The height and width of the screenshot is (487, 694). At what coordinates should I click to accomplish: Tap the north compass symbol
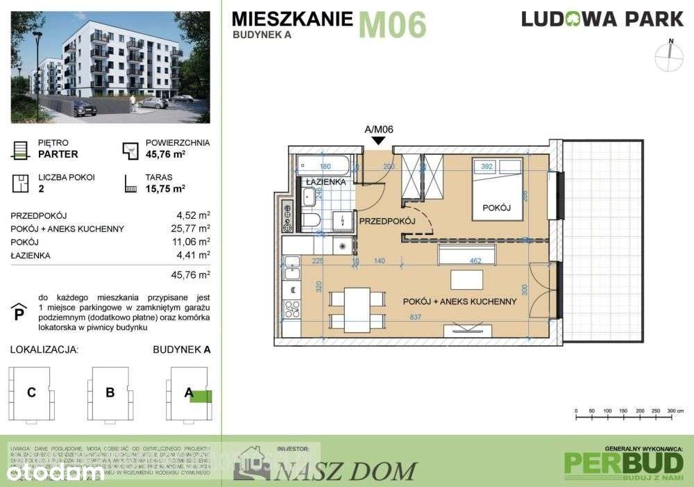pos(670,56)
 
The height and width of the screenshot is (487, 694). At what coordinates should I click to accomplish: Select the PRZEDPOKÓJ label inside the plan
pos(386,221)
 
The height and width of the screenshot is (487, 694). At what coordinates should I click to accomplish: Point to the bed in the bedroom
pos(497,188)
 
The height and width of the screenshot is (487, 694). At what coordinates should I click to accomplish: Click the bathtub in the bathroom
pos(325,166)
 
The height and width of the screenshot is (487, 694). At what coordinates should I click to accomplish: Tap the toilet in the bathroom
pos(311,221)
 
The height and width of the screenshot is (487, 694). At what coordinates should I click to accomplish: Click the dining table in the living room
pos(357,307)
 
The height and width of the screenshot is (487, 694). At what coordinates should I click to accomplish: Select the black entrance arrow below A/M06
pos(379,141)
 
